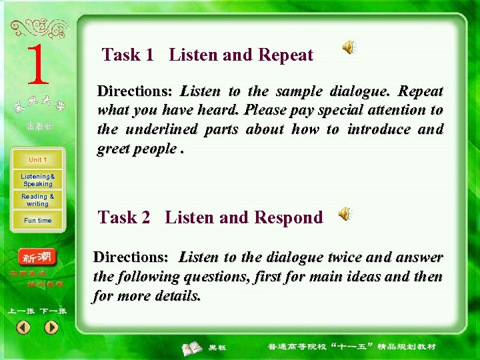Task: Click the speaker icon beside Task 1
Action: pyautogui.click(x=349, y=47)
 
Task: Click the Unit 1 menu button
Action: pyautogui.click(x=37, y=160)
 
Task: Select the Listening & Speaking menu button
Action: pyautogui.click(x=37, y=180)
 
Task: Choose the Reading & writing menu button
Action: pyautogui.click(x=37, y=200)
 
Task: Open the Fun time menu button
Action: pyautogui.click(x=37, y=220)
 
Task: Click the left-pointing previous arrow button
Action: pyautogui.click(x=23, y=327)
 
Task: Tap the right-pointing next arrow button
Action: pyautogui.click(x=51, y=327)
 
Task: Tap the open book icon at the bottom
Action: pyautogui.click(x=193, y=347)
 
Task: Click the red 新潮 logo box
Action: pyautogui.click(x=38, y=258)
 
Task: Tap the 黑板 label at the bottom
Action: pyautogui.click(x=217, y=347)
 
